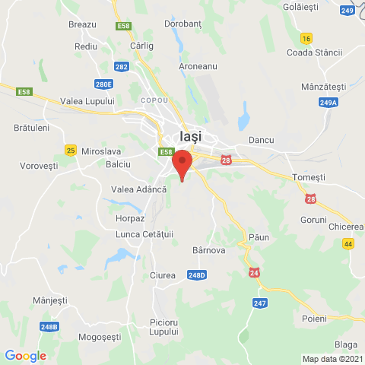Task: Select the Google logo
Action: tap(25, 355)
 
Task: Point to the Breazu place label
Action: tap(82, 24)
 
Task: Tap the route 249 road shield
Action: tap(348, 11)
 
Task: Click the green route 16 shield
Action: tap(306, 38)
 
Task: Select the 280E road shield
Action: tap(104, 84)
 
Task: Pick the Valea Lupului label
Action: tap(88, 101)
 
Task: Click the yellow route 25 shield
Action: tap(71, 150)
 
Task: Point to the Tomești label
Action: tap(309, 177)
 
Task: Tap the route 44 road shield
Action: tap(348, 243)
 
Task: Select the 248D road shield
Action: tap(197, 275)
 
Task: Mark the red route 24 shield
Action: tap(254, 271)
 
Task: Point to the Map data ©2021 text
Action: tap(332, 359)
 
